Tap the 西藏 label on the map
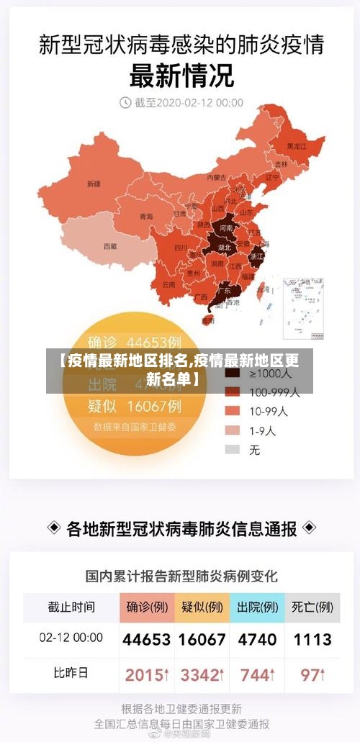coord(109,245)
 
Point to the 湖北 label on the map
coord(225,247)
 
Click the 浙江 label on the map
coord(256,255)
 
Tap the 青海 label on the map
coord(146,216)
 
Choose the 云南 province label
coord(168,284)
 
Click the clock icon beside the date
coord(125,103)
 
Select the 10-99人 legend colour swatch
coord(232,411)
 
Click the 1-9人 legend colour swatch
coord(232,430)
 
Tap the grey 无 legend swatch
coord(232,450)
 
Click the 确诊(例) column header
coord(146,607)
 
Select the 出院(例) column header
coord(258,607)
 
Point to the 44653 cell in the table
coord(146,639)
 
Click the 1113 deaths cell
coord(312,639)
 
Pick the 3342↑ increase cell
coord(202,675)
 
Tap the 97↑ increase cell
coord(312,675)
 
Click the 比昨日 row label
coord(71,674)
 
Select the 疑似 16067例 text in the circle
coord(134,406)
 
